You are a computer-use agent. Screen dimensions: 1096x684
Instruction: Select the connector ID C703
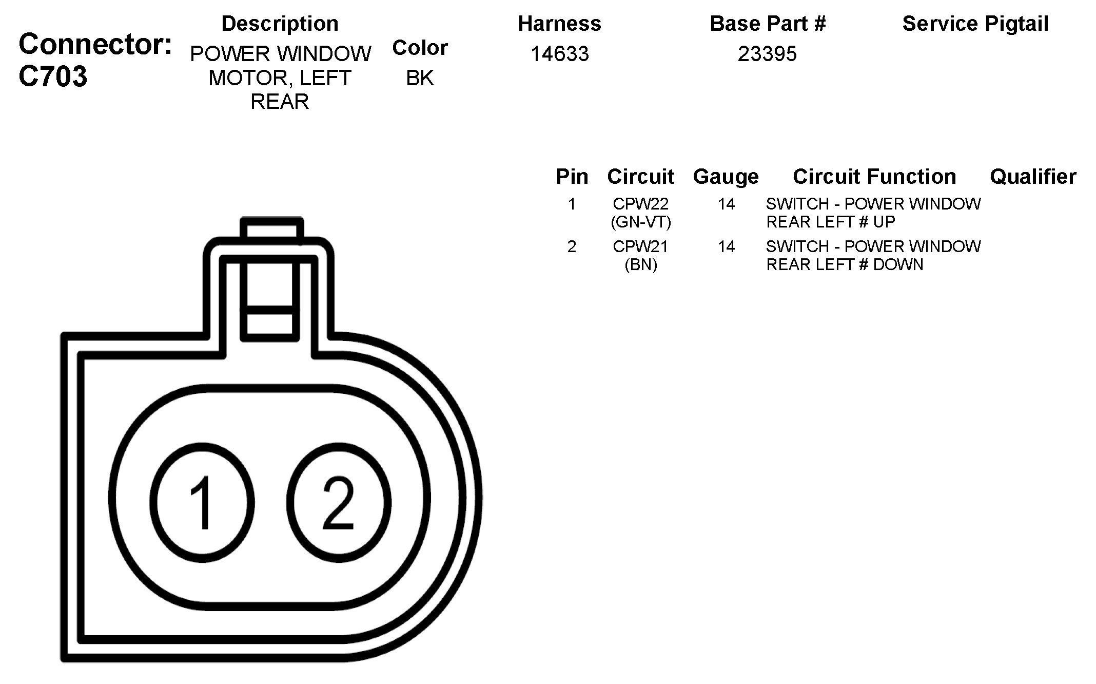[x=53, y=77]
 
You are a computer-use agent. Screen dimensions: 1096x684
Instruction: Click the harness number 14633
[x=559, y=54]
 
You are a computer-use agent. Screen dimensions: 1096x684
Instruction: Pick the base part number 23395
[x=767, y=54]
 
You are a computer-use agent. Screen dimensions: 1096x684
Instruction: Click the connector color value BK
[x=420, y=78]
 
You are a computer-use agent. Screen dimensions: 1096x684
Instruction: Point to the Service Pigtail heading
[x=975, y=24]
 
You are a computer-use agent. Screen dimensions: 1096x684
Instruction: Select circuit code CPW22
[x=640, y=204]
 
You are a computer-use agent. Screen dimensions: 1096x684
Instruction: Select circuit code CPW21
[x=640, y=247]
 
